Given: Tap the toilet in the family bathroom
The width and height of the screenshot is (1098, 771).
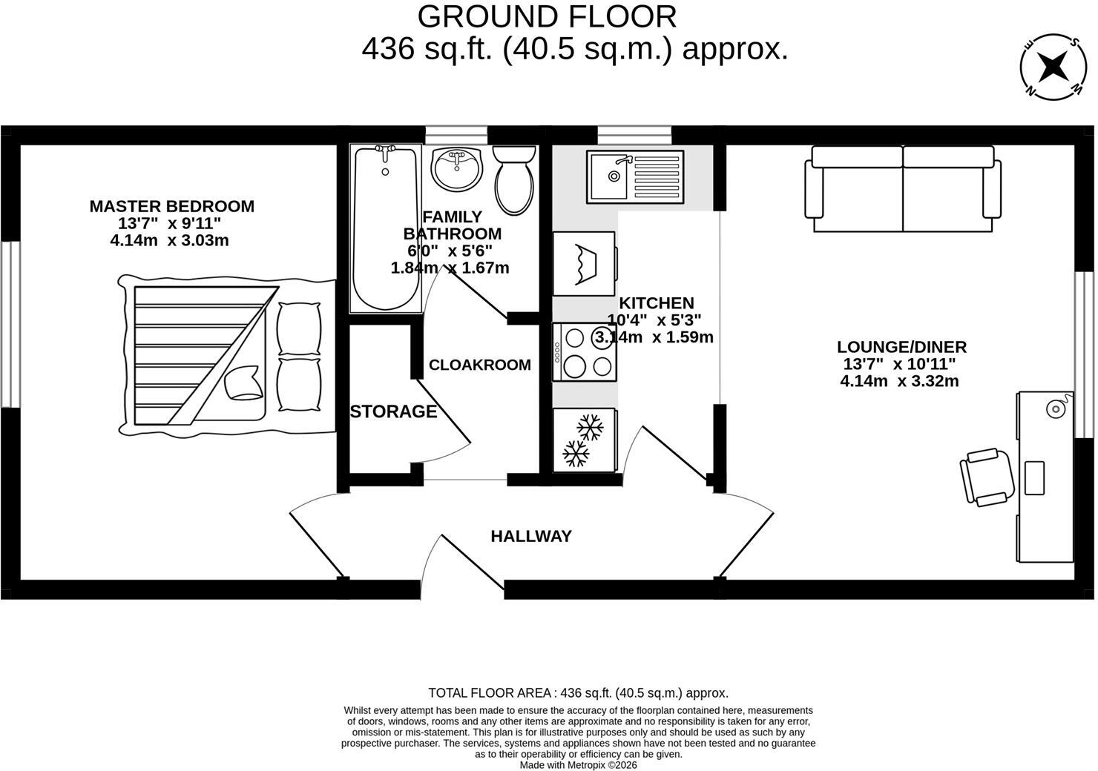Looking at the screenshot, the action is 513,179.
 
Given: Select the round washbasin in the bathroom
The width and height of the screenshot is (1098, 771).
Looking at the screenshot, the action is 457,169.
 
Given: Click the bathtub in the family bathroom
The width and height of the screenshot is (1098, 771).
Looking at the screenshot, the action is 386,229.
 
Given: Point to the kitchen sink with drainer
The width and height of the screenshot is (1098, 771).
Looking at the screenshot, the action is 635,177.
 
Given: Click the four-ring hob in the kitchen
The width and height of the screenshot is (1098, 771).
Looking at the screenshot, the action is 585,351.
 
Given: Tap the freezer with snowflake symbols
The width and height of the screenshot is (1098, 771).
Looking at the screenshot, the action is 585,440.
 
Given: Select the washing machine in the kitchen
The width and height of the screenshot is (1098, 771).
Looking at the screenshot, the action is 585,263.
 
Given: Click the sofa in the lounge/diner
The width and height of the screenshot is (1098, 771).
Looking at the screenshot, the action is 903,188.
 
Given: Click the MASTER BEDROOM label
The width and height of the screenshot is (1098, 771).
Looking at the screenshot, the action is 171,206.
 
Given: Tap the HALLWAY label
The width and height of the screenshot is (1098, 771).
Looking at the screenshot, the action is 531,537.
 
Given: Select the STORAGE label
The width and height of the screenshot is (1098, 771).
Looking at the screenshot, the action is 393,411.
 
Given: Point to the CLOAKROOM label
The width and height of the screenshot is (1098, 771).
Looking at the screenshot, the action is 480,365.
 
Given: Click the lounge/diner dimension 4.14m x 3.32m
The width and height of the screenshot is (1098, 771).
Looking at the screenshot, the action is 899,380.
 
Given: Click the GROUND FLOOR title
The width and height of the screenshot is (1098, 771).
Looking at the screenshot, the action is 547,16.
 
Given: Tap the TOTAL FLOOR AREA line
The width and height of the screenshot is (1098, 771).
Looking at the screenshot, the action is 579,693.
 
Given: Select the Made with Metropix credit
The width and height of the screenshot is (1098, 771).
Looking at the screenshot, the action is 579,764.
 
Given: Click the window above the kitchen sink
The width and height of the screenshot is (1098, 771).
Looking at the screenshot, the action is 634,135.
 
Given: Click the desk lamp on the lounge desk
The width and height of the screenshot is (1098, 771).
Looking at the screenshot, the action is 1056,408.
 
